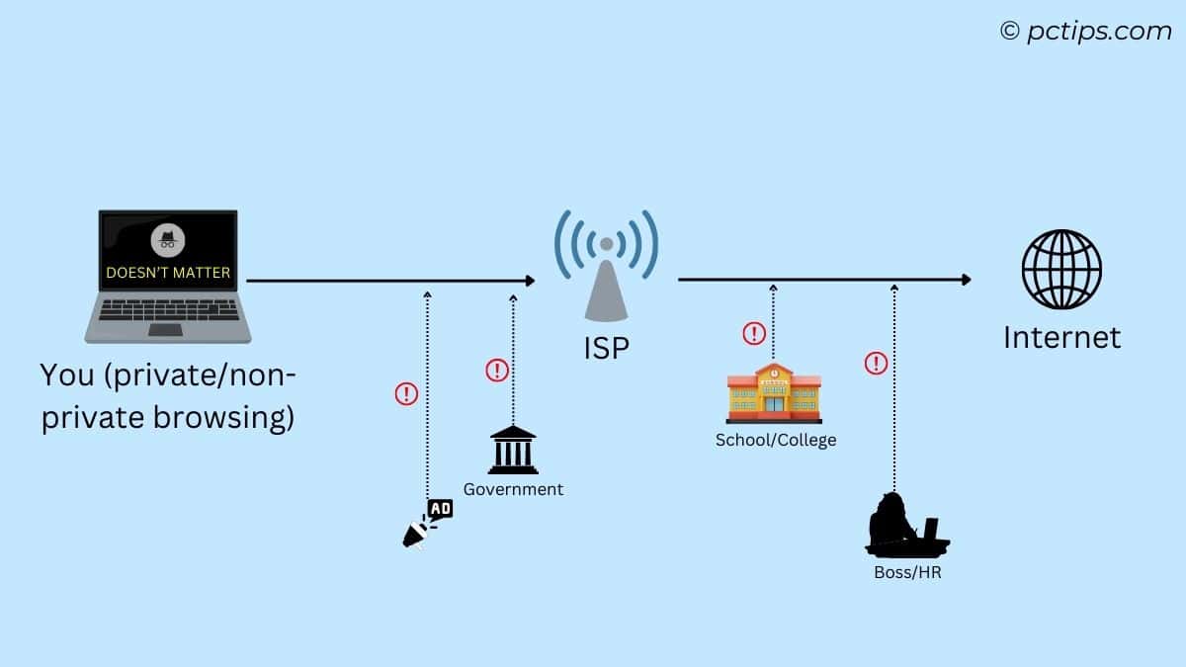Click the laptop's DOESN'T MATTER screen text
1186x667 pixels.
pos(168,272)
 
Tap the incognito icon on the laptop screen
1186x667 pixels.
pos(168,240)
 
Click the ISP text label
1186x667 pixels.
pos(606,348)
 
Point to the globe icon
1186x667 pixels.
pos(1061,270)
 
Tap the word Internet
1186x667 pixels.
pos(1061,338)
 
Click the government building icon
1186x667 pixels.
pos(513,450)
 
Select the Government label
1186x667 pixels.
pos(513,489)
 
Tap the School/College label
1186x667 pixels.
pos(776,440)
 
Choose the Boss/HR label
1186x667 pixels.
pos(907,572)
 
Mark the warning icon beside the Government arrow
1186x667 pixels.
pos(496,371)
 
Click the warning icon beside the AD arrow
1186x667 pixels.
pos(406,394)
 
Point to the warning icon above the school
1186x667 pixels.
pos(754,333)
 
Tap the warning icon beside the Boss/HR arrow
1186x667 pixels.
pos(876,364)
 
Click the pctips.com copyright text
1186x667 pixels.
pos(1085,32)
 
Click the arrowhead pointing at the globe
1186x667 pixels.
pos(965,280)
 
